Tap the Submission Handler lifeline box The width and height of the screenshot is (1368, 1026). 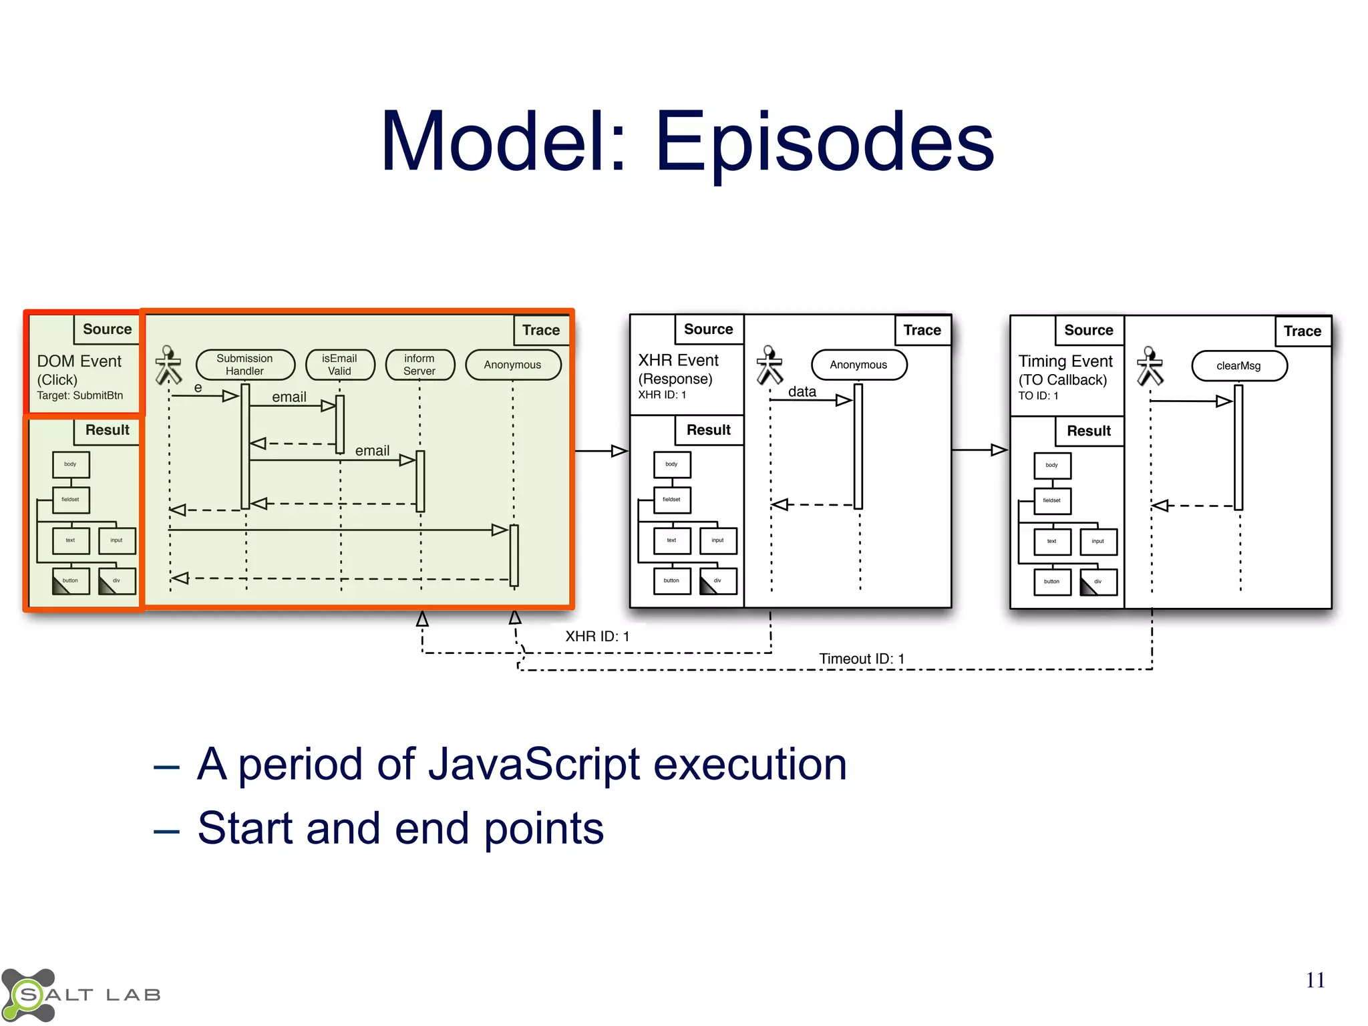[x=245, y=365]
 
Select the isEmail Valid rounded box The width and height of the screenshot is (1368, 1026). [x=339, y=365]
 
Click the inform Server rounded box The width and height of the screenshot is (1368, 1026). [x=419, y=365]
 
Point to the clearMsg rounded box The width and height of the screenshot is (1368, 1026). [x=1238, y=366]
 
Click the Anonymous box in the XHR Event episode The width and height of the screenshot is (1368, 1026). [x=858, y=365]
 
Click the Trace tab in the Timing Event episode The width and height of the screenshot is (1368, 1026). [x=1302, y=331]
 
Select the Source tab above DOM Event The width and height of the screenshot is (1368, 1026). [x=107, y=329]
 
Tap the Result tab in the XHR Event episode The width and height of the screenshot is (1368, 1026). [x=708, y=430]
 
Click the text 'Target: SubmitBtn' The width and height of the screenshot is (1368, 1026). [x=79, y=395]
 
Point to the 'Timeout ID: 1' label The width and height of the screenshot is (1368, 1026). [x=861, y=659]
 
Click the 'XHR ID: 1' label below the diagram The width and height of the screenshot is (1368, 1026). [x=597, y=637]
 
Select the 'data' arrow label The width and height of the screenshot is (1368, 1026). [x=802, y=391]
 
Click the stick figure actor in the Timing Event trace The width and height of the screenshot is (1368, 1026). [x=1150, y=365]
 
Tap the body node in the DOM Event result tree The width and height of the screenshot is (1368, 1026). [x=70, y=464]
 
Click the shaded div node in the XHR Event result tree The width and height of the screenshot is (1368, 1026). [x=718, y=581]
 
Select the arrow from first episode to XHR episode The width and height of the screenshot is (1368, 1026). [x=601, y=451]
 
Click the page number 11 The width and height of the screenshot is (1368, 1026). [x=1315, y=980]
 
